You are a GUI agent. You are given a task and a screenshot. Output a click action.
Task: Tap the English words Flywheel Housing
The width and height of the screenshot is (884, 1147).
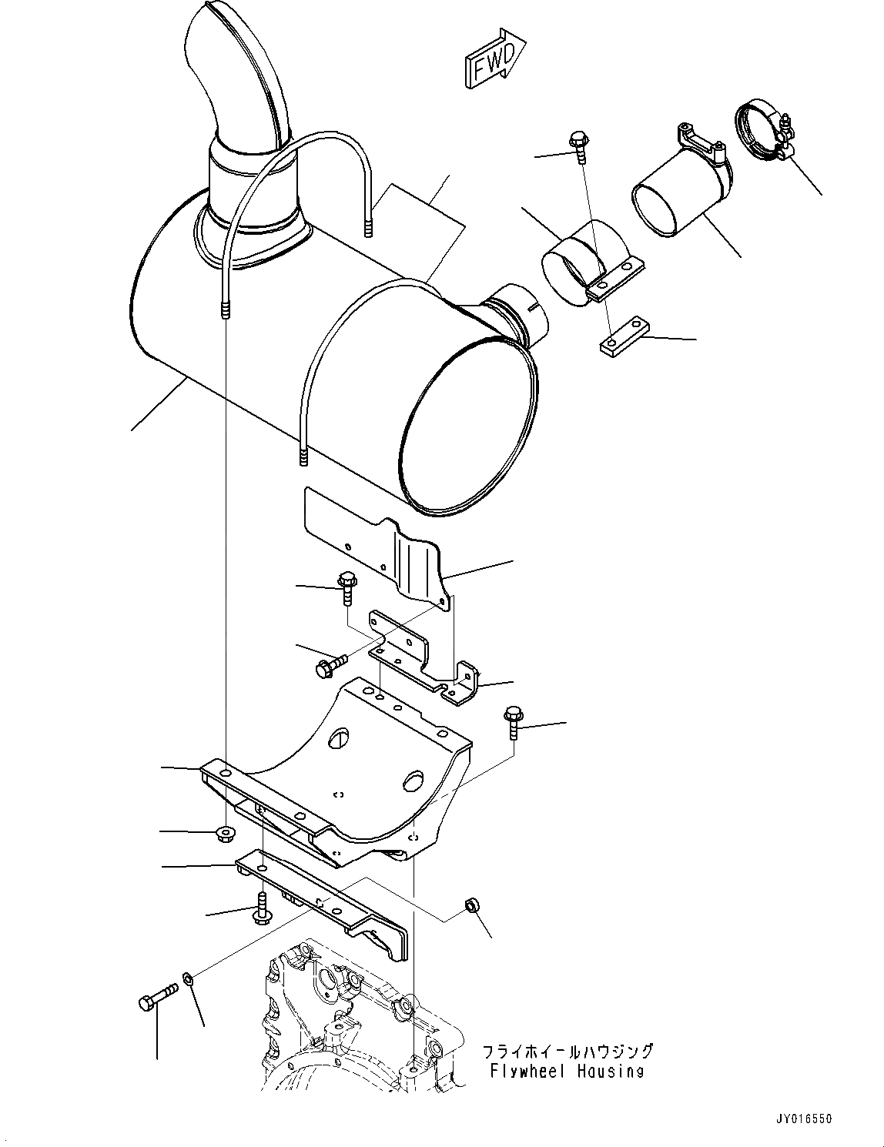[x=567, y=1071]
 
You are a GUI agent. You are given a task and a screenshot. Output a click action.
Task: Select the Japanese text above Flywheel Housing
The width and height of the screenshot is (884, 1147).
[x=568, y=1051]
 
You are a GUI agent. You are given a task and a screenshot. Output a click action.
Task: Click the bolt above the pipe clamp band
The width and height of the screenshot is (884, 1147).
[x=578, y=146]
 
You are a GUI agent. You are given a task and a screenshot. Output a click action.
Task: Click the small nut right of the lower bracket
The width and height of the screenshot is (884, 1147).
[x=472, y=908]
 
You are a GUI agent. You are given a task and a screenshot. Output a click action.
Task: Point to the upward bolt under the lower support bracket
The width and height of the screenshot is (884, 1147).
[x=262, y=908]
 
